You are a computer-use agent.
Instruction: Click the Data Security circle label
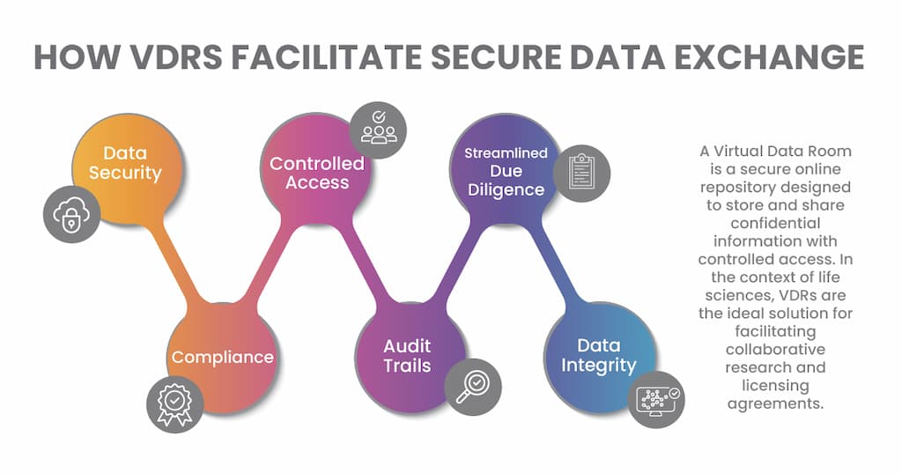pyautogui.click(x=125, y=163)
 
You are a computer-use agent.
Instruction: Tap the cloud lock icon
pyautogui.click(x=71, y=214)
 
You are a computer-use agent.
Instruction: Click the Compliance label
pyautogui.click(x=222, y=357)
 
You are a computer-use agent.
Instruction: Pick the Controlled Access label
pyautogui.click(x=317, y=173)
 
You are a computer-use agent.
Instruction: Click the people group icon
pyautogui.click(x=379, y=129)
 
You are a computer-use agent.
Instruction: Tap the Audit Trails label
pyautogui.click(x=407, y=355)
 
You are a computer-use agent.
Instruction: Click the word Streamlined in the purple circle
pyautogui.click(x=506, y=153)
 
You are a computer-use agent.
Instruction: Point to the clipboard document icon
pyautogui.click(x=580, y=173)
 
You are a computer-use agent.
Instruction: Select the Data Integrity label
pyautogui.click(x=598, y=355)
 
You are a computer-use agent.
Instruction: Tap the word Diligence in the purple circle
pyautogui.click(x=506, y=189)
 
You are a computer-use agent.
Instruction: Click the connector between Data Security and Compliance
pyautogui.click(x=181, y=264)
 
